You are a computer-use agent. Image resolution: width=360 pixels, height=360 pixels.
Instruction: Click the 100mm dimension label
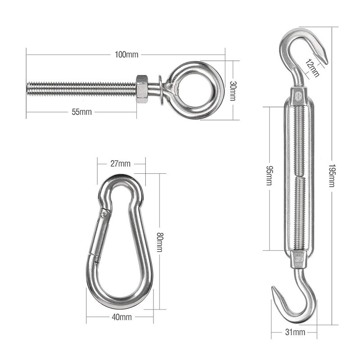tap(126, 54)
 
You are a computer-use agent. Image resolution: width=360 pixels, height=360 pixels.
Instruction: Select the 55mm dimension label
tap(82, 112)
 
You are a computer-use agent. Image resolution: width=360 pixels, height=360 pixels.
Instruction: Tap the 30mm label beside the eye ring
tap(233, 91)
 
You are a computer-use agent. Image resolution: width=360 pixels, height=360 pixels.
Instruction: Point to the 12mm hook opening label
tap(312, 68)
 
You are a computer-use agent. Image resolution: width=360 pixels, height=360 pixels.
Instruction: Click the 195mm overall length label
tap(332, 175)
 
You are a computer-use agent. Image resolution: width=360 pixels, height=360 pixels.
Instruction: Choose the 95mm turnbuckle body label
tap(269, 175)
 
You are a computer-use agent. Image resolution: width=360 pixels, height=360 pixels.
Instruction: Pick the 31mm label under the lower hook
tap(295, 332)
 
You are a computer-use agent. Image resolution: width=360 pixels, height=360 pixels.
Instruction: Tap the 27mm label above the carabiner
tap(121, 164)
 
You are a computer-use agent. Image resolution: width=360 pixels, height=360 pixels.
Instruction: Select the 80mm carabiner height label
tap(160, 242)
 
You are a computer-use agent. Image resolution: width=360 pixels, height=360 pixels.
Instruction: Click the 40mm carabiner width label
tap(121, 317)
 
